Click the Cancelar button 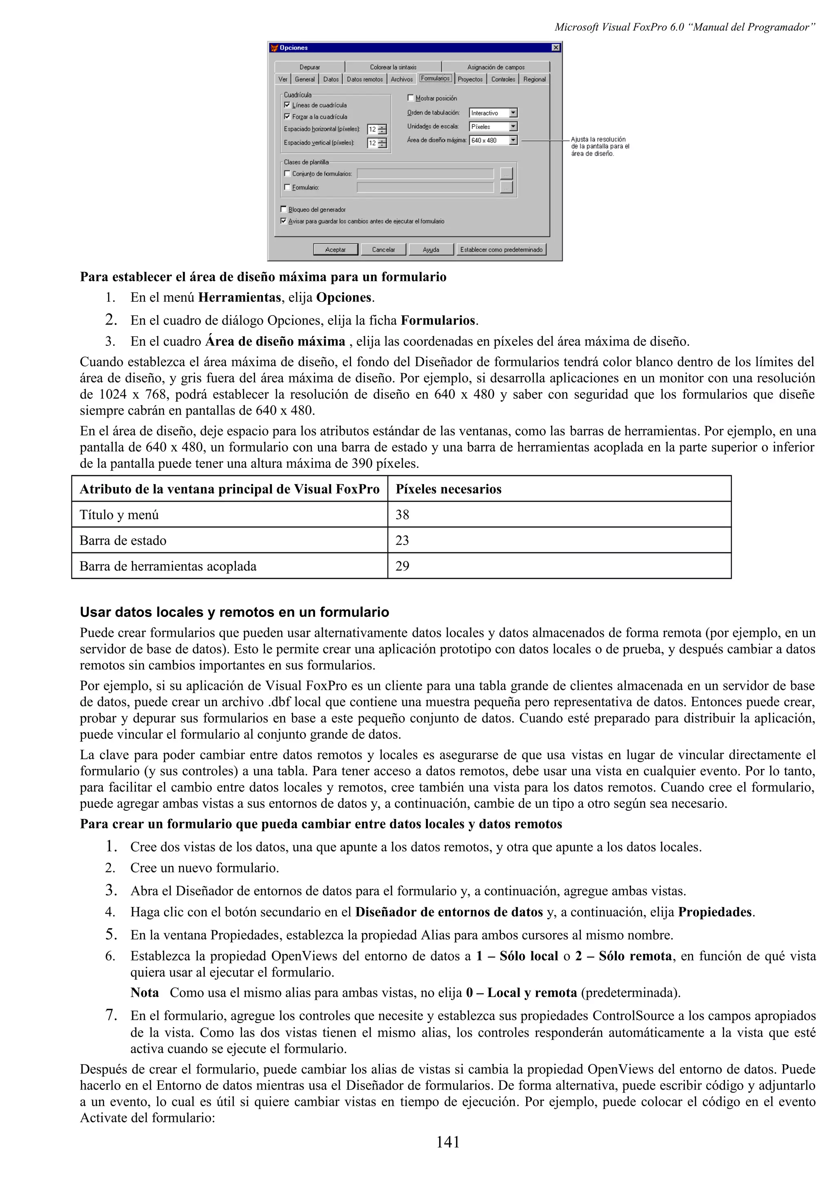pos(383,249)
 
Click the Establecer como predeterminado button pos(501,249)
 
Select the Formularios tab pos(435,79)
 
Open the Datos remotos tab pos(364,79)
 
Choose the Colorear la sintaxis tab pos(393,67)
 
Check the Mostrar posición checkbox pos(411,98)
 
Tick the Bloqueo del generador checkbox pos(284,209)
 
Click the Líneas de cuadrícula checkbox pos(287,105)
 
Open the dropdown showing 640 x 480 pos(513,140)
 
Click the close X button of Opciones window pos(555,48)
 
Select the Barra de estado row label pos(123,540)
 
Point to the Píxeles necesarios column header pos(448,489)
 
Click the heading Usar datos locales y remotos pos(234,612)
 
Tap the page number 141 pos(448,1142)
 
